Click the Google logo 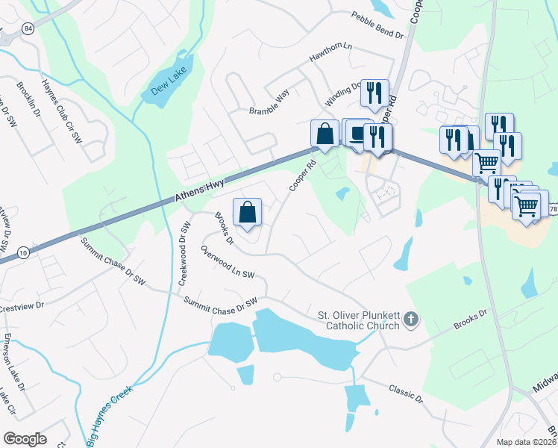[x=25, y=439]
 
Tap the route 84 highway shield [x=28, y=28]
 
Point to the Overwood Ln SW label [x=228, y=264]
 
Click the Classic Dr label [x=405, y=393]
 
